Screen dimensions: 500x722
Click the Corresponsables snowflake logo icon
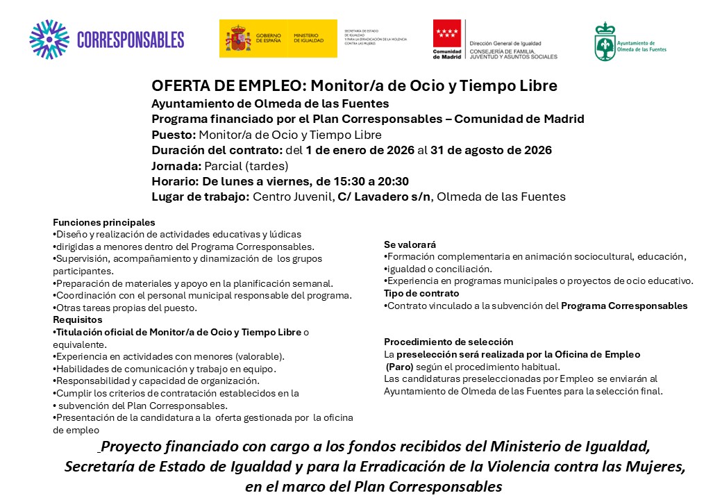[49, 40]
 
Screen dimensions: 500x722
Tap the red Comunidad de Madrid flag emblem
[446, 33]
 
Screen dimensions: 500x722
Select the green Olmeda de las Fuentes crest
[605, 42]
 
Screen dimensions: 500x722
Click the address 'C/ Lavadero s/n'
[384, 197]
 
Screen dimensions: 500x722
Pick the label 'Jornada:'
[176, 165]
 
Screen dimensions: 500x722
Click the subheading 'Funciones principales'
[104, 222]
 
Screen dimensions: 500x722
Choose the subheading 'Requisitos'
[78, 319]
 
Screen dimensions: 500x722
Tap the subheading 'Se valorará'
[410, 244]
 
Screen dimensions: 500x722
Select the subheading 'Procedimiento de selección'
[448, 342]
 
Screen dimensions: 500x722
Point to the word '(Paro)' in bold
[400, 367]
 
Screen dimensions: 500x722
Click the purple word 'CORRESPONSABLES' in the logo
[131, 40]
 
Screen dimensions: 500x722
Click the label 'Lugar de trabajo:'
[200, 197]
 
